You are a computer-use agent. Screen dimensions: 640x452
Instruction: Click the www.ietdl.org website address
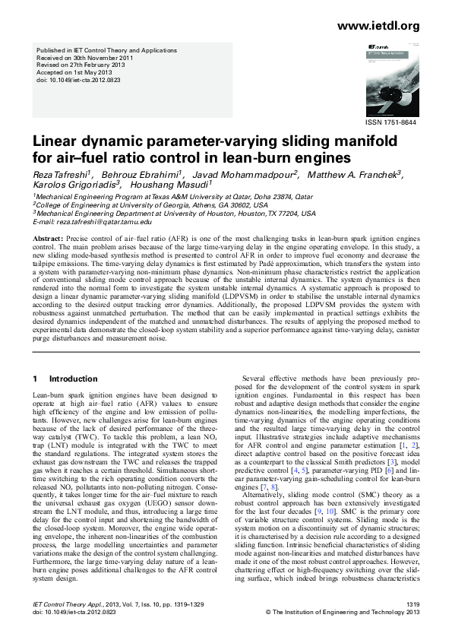378,27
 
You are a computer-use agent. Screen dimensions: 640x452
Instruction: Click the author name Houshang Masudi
171,185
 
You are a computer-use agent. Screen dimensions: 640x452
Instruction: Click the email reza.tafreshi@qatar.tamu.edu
100,222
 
